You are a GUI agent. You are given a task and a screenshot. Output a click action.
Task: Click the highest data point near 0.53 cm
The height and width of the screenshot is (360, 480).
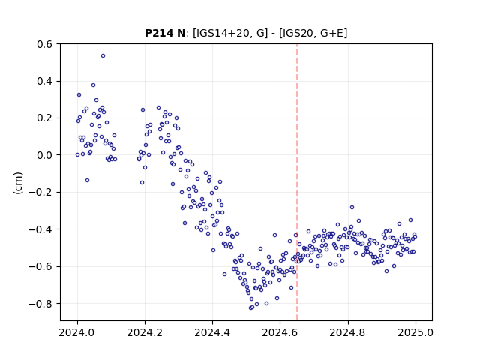tap(103, 56)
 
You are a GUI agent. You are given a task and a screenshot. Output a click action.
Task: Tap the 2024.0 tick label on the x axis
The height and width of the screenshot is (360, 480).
tap(77, 332)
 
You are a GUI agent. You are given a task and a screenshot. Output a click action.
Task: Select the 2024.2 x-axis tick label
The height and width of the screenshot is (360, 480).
tap(145, 332)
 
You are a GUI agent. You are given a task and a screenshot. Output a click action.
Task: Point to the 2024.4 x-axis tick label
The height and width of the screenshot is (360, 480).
tap(212, 332)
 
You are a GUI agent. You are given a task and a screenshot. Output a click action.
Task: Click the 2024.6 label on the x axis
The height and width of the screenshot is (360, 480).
tap(280, 332)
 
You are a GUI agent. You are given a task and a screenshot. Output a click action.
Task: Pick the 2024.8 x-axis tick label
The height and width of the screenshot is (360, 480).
tap(348, 332)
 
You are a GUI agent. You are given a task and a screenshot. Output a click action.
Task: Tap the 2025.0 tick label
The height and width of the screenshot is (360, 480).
tap(415, 332)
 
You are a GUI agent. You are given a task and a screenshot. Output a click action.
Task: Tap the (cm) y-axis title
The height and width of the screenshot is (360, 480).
tap(18, 183)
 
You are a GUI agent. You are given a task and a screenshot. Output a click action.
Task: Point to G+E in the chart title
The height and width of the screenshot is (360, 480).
tap(332, 33)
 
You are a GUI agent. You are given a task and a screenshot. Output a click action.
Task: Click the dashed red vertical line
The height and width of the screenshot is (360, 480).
tap(297, 182)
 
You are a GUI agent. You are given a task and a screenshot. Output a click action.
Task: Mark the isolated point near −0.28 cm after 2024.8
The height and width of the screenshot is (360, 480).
tap(352, 208)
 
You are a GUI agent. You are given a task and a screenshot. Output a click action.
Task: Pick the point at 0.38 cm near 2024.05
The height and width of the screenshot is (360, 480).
tap(93, 85)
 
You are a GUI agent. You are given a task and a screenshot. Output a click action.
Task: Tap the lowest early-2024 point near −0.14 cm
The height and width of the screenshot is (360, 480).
tap(87, 181)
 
